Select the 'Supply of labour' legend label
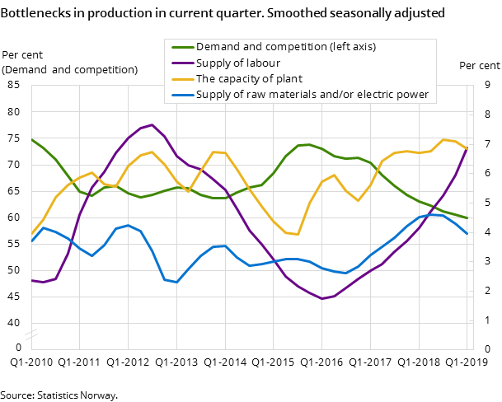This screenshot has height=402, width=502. click(237, 63)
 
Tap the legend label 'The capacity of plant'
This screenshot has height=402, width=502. click(249, 79)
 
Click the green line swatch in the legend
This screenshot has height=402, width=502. click(181, 47)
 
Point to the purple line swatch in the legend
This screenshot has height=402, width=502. click(181, 63)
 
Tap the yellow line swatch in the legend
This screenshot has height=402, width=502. click(181, 79)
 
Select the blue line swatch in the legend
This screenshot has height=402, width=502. click(181, 95)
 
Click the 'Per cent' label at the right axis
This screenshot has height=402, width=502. click(479, 66)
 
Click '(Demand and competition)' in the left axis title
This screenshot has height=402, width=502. click(70, 69)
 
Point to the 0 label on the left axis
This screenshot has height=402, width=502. click(18, 348)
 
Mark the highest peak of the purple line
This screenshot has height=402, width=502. click(152, 125)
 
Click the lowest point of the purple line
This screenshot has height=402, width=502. click(322, 298)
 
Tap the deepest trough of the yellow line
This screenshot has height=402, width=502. click(298, 235)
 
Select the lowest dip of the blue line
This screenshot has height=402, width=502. click(176, 283)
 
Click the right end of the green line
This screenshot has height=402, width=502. click(467, 218)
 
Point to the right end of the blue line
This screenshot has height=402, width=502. click(467, 234)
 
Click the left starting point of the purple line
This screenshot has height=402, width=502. click(31, 281)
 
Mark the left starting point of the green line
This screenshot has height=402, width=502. click(31, 138)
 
